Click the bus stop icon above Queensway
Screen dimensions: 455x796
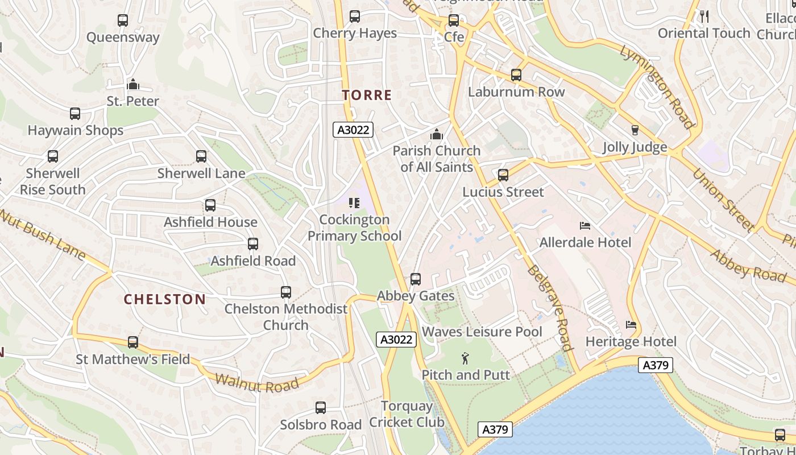(x=122, y=20)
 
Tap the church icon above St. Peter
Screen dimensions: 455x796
(x=133, y=85)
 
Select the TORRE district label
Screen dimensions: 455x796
(x=367, y=95)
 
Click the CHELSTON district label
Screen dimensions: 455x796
(x=165, y=299)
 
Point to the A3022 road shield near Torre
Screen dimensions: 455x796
(x=353, y=130)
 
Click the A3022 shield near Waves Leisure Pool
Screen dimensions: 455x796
(x=396, y=340)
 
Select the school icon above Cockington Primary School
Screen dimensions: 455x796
(x=354, y=203)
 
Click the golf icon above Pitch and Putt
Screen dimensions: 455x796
(x=466, y=358)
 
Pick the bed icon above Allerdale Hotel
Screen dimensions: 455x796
(x=585, y=226)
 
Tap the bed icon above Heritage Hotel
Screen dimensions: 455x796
(x=631, y=325)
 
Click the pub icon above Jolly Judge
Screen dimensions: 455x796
(x=635, y=130)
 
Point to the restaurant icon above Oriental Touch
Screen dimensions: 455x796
(x=704, y=16)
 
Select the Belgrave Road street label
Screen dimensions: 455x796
(x=549, y=308)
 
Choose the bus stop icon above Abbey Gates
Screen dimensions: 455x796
(x=416, y=279)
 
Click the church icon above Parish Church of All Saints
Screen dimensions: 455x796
(x=437, y=134)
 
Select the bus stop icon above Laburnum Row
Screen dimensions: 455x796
(x=516, y=75)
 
